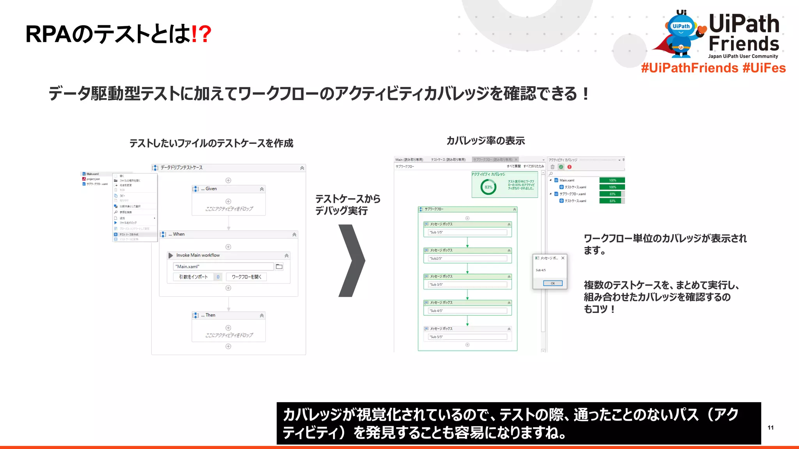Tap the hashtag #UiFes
pyautogui.click(x=764, y=68)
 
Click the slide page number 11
pyautogui.click(x=771, y=428)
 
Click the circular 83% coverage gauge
pyautogui.click(x=488, y=187)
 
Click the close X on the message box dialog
pyautogui.click(x=563, y=258)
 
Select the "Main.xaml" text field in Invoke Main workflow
pyautogui.click(x=223, y=267)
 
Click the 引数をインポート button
pyautogui.click(x=194, y=277)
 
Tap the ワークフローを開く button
pyautogui.click(x=246, y=277)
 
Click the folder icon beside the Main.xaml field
pyautogui.click(x=279, y=267)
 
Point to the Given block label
pyautogui.click(x=211, y=189)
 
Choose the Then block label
pyautogui.click(x=210, y=315)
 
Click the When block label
pyautogui.click(x=179, y=234)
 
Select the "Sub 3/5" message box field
pyautogui.click(x=467, y=285)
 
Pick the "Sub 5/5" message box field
pyautogui.click(x=467, y=337)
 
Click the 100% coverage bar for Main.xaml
pyautogui.click(x=612, y=180)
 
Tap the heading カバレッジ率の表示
pyautogui.click(x=486, y=141)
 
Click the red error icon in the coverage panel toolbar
pyautogui.click(x=570, y=167)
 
